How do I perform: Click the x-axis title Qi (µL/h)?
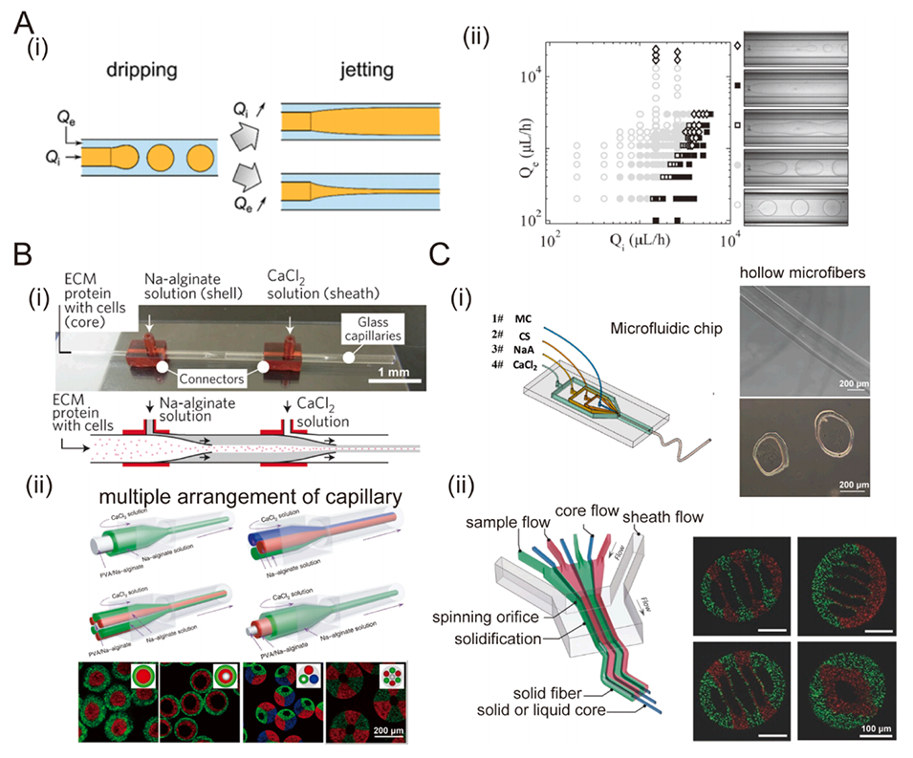pyautogui.click(x=639, y=240)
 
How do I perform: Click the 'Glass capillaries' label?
pyautogui.click(x=357, y=329)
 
